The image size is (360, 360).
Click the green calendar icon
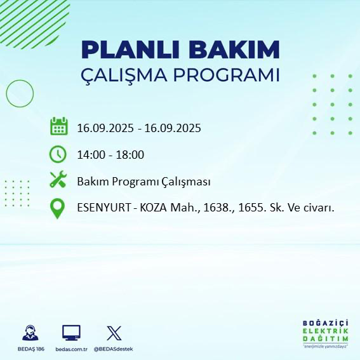pos(58,126)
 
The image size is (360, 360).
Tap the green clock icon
pos(58,154)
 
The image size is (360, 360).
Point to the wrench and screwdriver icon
pos(58,181)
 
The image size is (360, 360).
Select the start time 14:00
pos(90,154)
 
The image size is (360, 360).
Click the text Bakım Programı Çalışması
pos(143,182)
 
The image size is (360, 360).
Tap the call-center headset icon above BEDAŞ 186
pos(29,333)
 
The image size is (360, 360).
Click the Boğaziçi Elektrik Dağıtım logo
pos(325,333)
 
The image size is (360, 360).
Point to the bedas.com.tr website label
pos(70,349)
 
